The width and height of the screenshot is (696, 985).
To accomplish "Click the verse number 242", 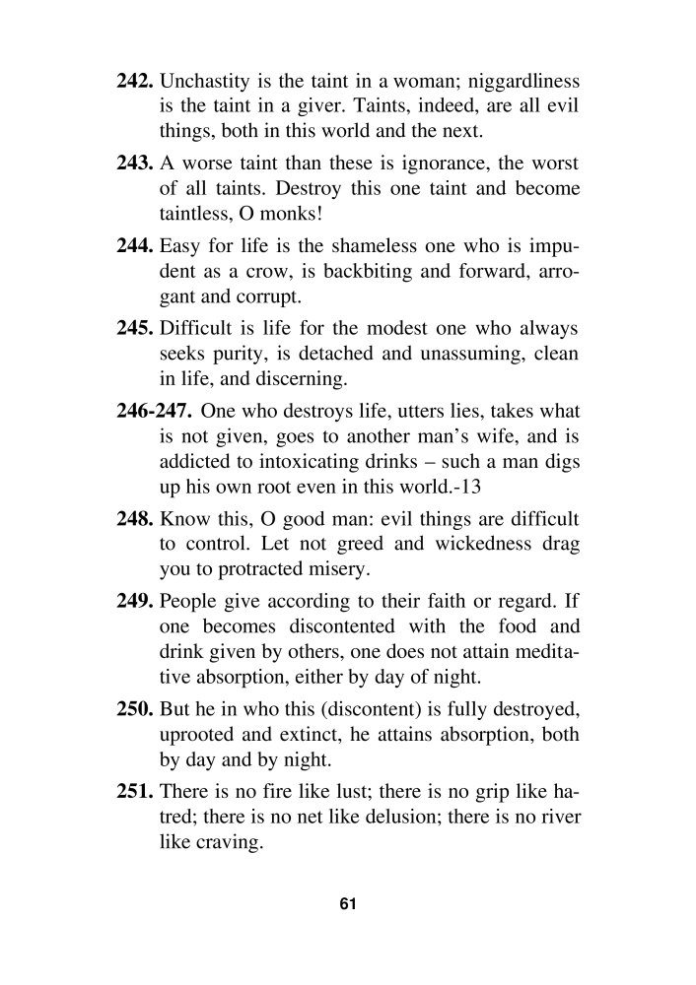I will click(136, 79).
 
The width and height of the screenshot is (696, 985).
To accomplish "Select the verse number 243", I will click(136, 162).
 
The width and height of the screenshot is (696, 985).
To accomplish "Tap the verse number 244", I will click(136, 243).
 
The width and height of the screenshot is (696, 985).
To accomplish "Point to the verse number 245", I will click(136, 326).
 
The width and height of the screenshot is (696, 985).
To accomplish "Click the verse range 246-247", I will click(153, 409).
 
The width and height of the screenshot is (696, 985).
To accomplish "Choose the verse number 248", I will click(136, 517).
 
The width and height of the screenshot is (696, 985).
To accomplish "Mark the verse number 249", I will click(136, 600).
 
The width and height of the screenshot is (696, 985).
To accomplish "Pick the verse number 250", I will click(136, 707).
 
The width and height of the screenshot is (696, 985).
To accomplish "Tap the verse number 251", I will click(136, 790).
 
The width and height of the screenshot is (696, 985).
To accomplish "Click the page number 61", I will click(347, 903).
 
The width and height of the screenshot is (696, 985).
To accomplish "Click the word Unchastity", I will click(203, 79).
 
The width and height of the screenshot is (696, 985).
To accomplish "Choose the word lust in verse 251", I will click(340, 790).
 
